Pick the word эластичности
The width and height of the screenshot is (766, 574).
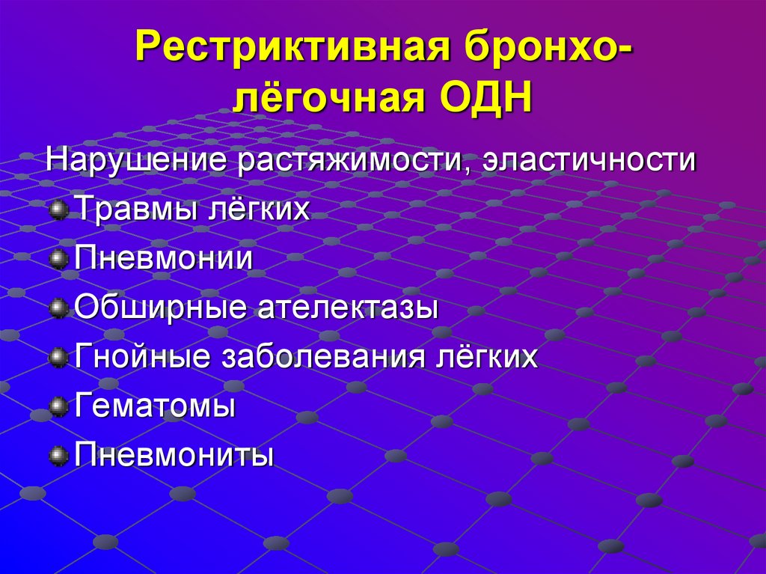click(589, 161)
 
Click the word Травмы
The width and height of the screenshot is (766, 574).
click(132, 210)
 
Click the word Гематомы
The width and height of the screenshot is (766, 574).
click(156, 406)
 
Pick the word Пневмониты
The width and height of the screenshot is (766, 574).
click(174, 454)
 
